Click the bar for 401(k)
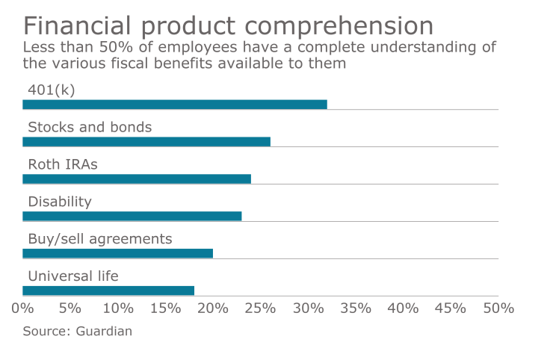[175, 105]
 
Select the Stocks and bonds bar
[146, 142]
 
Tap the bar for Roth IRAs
[137, 179]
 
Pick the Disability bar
[132, 217]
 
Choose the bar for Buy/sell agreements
[118, 253]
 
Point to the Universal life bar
[108, 291]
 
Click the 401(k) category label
[52, 90]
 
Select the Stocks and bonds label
[90, 127]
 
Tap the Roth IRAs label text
[63, 164]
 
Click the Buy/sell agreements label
[100, 239]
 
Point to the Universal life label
[73, 276]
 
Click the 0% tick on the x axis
[22, 308]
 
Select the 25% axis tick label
[260, 308]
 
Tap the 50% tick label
[498, 308]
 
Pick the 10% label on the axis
[117, 308]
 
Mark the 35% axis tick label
[355, 308]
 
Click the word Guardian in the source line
[104, 331]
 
